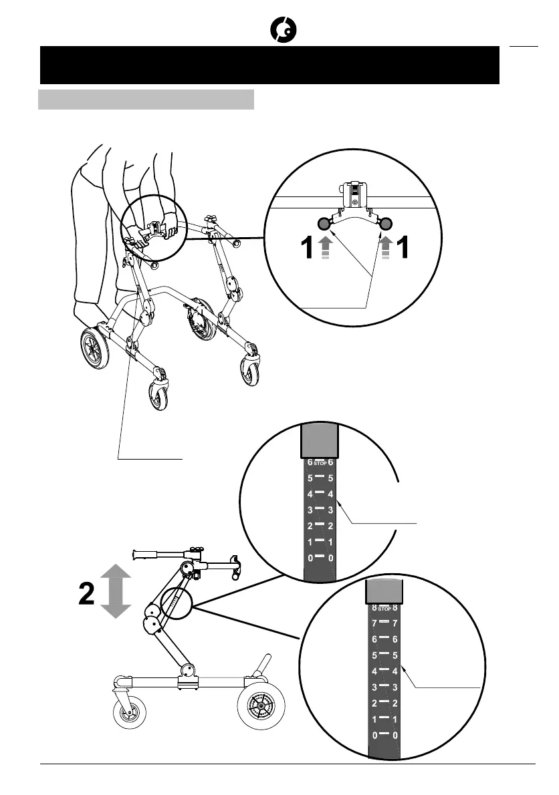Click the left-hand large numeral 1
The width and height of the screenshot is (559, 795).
point(306,251)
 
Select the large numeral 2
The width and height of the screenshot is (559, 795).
point(87,593)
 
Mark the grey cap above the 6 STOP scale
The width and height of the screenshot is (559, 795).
point(318,439)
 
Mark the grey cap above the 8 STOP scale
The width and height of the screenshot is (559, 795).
point(384,591)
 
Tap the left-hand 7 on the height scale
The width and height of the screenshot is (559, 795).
point(374,623)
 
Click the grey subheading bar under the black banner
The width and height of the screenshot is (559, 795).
point(146,100)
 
